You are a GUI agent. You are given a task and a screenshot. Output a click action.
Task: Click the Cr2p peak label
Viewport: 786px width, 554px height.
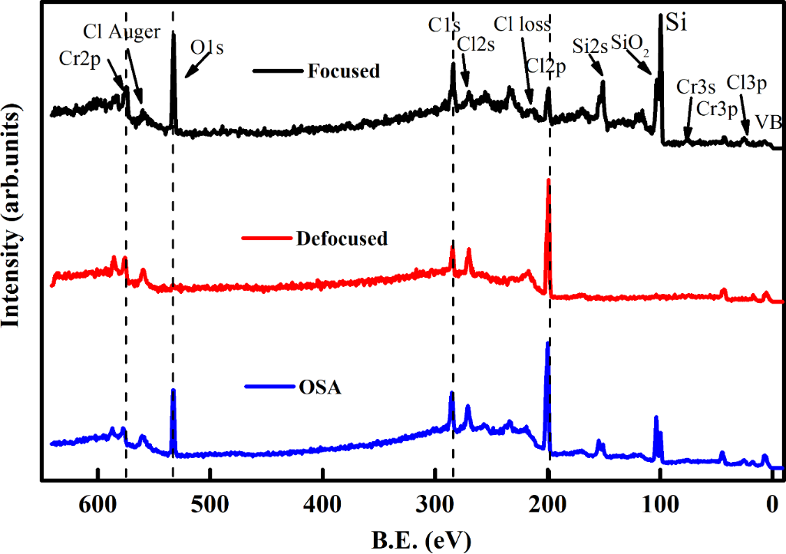(79, 58)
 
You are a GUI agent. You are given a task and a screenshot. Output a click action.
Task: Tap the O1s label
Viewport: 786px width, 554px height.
(207, 48)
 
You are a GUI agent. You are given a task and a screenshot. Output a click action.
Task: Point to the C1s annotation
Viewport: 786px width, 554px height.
(444, 25)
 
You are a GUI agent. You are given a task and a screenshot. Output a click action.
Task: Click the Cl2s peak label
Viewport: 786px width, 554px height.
(476, 45)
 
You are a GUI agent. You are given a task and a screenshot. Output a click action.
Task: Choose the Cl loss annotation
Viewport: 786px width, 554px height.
(522, 25)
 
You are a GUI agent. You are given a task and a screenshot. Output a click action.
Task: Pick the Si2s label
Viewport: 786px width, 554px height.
(590, 46)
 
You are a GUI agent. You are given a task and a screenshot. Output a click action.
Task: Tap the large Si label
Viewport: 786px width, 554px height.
(676, 21)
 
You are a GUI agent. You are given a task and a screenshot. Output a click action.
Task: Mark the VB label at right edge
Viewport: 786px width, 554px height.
(768, 122)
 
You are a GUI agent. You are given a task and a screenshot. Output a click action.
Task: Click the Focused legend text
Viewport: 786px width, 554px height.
(344, 71)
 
